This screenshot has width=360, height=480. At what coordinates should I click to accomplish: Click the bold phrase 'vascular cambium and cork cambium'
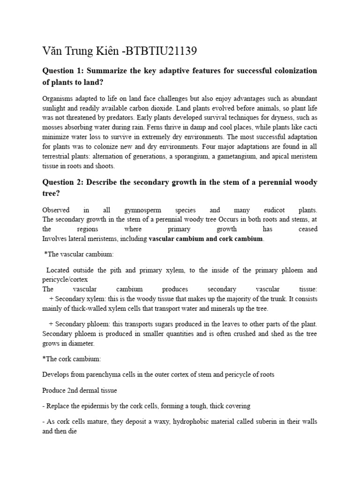coord(206,239)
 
